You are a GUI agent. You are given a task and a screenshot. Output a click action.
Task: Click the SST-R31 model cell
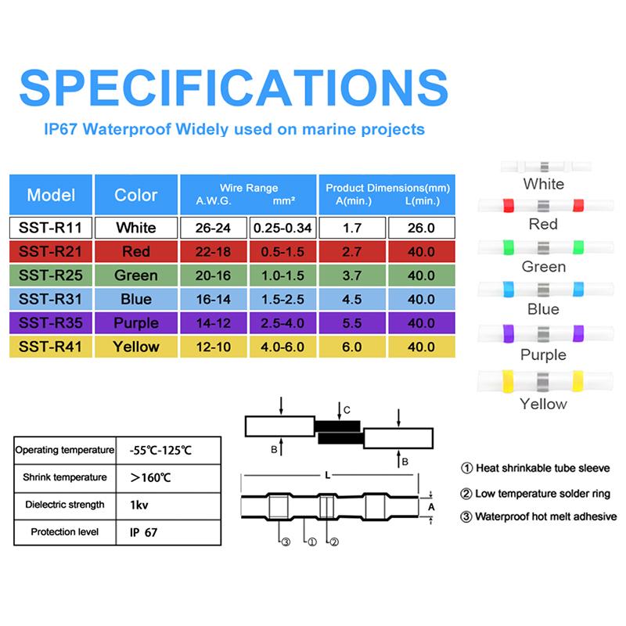click(51, 299)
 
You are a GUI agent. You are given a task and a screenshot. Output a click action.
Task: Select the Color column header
click(136, 195)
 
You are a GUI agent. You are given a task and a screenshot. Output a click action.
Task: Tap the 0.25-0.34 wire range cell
click(282, 228)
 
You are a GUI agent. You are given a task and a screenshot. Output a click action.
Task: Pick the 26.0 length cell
click(421, 228)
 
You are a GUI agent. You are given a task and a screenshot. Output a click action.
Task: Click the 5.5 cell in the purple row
click(352, 323)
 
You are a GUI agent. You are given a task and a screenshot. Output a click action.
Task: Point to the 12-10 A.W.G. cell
click(213, 347)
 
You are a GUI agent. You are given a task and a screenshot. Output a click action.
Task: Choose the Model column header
click(51, 195)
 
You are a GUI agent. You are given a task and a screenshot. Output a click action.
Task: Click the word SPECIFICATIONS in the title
click(234, 88)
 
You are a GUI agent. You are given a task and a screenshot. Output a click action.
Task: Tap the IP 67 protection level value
click(143, 532)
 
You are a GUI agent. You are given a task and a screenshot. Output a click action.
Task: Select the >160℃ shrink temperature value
click(150, 477)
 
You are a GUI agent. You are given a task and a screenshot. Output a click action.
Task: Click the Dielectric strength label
click(65, 505)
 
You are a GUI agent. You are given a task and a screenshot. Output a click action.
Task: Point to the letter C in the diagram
click(347, 410)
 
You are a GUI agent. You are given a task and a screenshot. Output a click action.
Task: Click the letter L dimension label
click(327, 475)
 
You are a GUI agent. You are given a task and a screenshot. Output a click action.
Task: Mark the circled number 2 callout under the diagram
click(334, 541)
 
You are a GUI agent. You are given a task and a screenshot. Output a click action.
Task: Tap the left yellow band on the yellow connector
click(508, 380)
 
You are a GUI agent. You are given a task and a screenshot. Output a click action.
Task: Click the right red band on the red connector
click(578, 205)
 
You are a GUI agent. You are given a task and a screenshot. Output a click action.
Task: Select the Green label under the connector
click(544, 267)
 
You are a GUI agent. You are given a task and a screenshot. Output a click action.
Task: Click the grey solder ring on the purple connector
click(543, 334)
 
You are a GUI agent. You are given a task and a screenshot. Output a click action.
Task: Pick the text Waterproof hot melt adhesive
click(545, 516)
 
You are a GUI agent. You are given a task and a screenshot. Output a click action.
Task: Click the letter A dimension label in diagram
click(431, 507)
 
